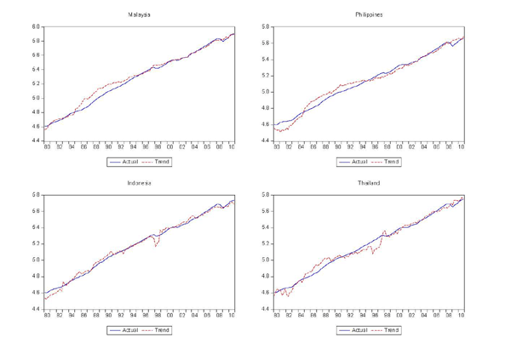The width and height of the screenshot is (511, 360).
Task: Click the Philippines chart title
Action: point(369,15)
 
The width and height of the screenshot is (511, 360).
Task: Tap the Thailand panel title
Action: point(369,183)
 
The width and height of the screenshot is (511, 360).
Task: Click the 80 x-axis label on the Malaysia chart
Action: point(47,146)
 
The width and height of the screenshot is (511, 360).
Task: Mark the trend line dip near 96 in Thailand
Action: point(372,254)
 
